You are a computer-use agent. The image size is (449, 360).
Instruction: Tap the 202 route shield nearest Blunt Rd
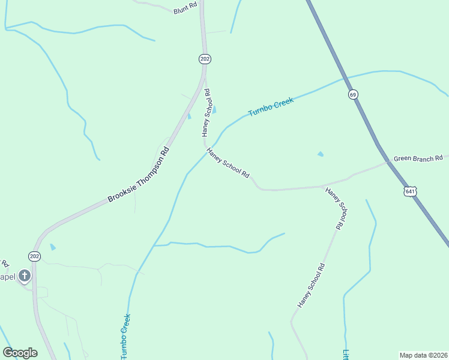(x=205, y=59)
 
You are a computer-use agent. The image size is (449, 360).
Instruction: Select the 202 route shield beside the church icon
(x=35, y=256)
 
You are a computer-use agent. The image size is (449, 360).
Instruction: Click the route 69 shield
(x=353, y=94)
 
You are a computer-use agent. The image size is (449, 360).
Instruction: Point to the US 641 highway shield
(x=410, y=191)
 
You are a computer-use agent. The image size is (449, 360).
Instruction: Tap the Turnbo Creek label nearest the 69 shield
(x=271, y=107)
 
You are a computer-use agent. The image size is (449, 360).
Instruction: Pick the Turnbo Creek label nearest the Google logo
(x=125, y=336)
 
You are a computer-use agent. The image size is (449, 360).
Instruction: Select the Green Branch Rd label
(x=418, y=159)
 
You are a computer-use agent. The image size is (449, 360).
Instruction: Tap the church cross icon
(x=24, y=276)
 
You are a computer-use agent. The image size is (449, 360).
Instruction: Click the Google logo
(x=20, y=353)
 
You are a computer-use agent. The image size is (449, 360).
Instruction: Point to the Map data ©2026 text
(x=424, y=355)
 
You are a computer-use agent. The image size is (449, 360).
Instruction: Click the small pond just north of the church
(x=53, y=247)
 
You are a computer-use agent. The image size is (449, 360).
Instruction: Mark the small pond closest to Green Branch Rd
(x=320, y=154)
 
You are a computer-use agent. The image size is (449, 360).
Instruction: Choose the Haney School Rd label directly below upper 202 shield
(x=205, y=112)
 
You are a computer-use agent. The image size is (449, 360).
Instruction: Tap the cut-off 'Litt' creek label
(x=346, y=354)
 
